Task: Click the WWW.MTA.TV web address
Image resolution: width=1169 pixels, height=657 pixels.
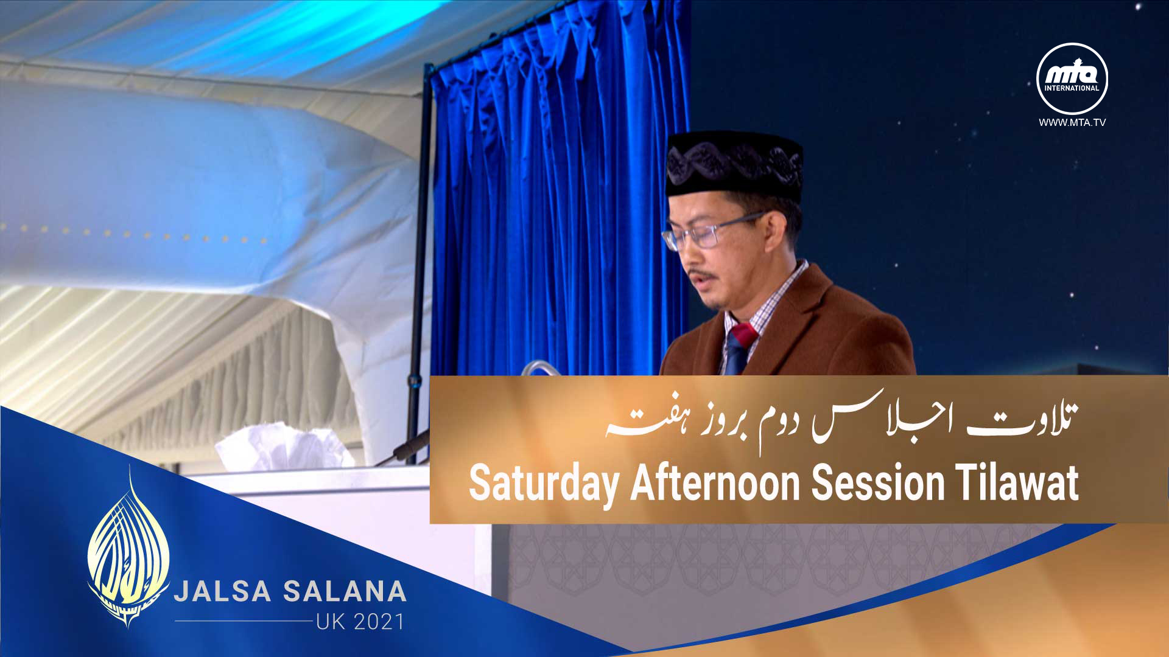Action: (1072, 123)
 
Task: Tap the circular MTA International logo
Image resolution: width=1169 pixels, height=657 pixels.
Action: (1072, 78)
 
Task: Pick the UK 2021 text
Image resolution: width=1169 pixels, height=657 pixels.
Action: (360, 622)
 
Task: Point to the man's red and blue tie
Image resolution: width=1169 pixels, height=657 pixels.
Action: (739, 349)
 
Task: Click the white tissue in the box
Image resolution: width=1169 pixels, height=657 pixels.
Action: (285, 448)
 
